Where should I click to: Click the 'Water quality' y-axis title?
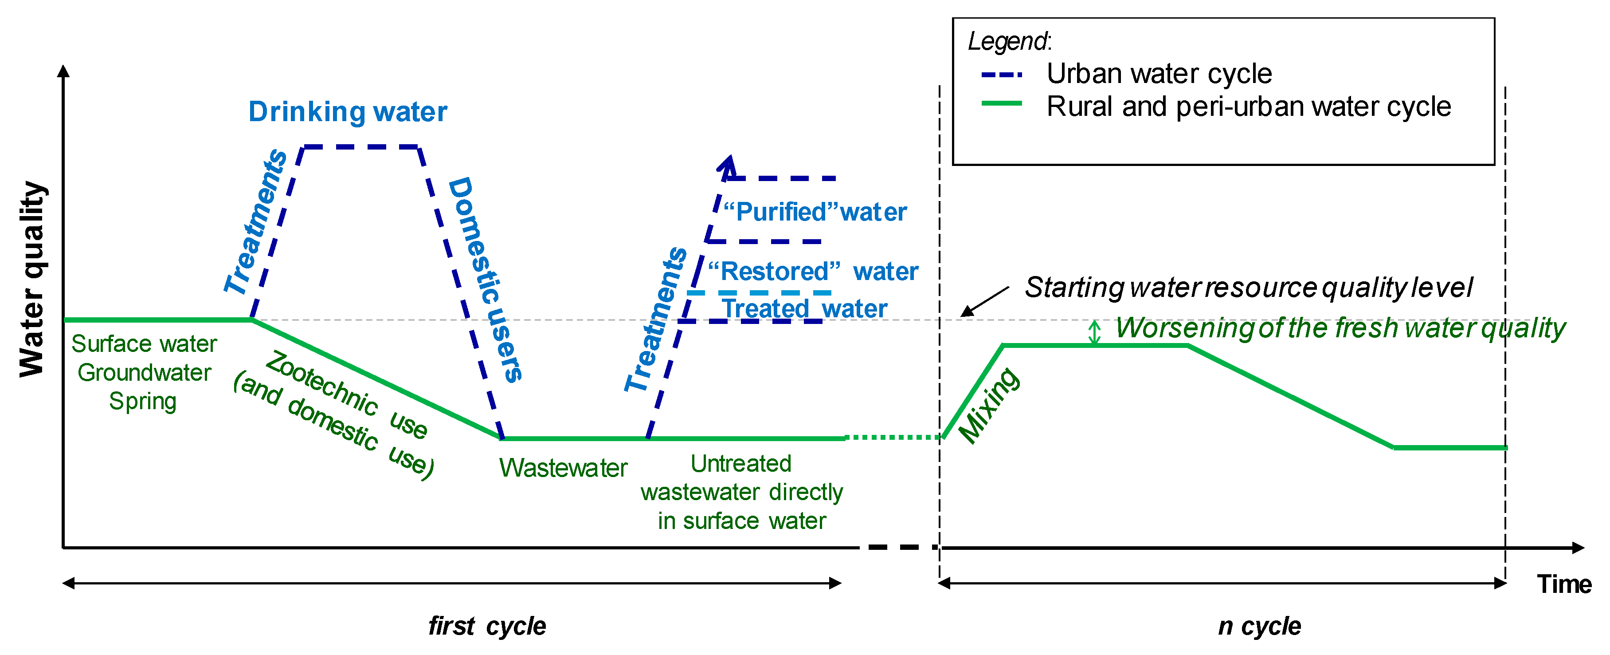click(32, 280)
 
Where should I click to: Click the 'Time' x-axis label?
click(1564, 584)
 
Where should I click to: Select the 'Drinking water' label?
click(348, 112)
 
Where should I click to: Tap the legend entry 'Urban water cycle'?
click(1159, 74)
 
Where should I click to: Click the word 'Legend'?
click(1007, 41)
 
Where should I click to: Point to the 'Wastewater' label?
click(563, 468)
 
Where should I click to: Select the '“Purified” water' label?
click(815, 212)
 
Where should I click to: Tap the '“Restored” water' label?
click(812, 272)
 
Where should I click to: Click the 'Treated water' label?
click(804, 308)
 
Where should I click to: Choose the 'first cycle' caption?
click(487, 626)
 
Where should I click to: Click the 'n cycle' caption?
click(1259, 626)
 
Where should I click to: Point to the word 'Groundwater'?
click(145, 373)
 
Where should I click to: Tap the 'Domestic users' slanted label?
click(486, 280)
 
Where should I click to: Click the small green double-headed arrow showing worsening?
click(1094, 332)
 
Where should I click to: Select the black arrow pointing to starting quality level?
click(984, 301)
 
